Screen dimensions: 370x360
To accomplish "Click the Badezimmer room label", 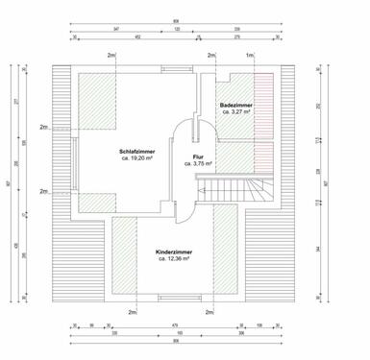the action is click(x=236, y=104).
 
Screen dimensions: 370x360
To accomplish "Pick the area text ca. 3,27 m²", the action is click(x=236, y=111).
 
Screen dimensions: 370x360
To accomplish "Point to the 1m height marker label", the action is click(x=248, y=57).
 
